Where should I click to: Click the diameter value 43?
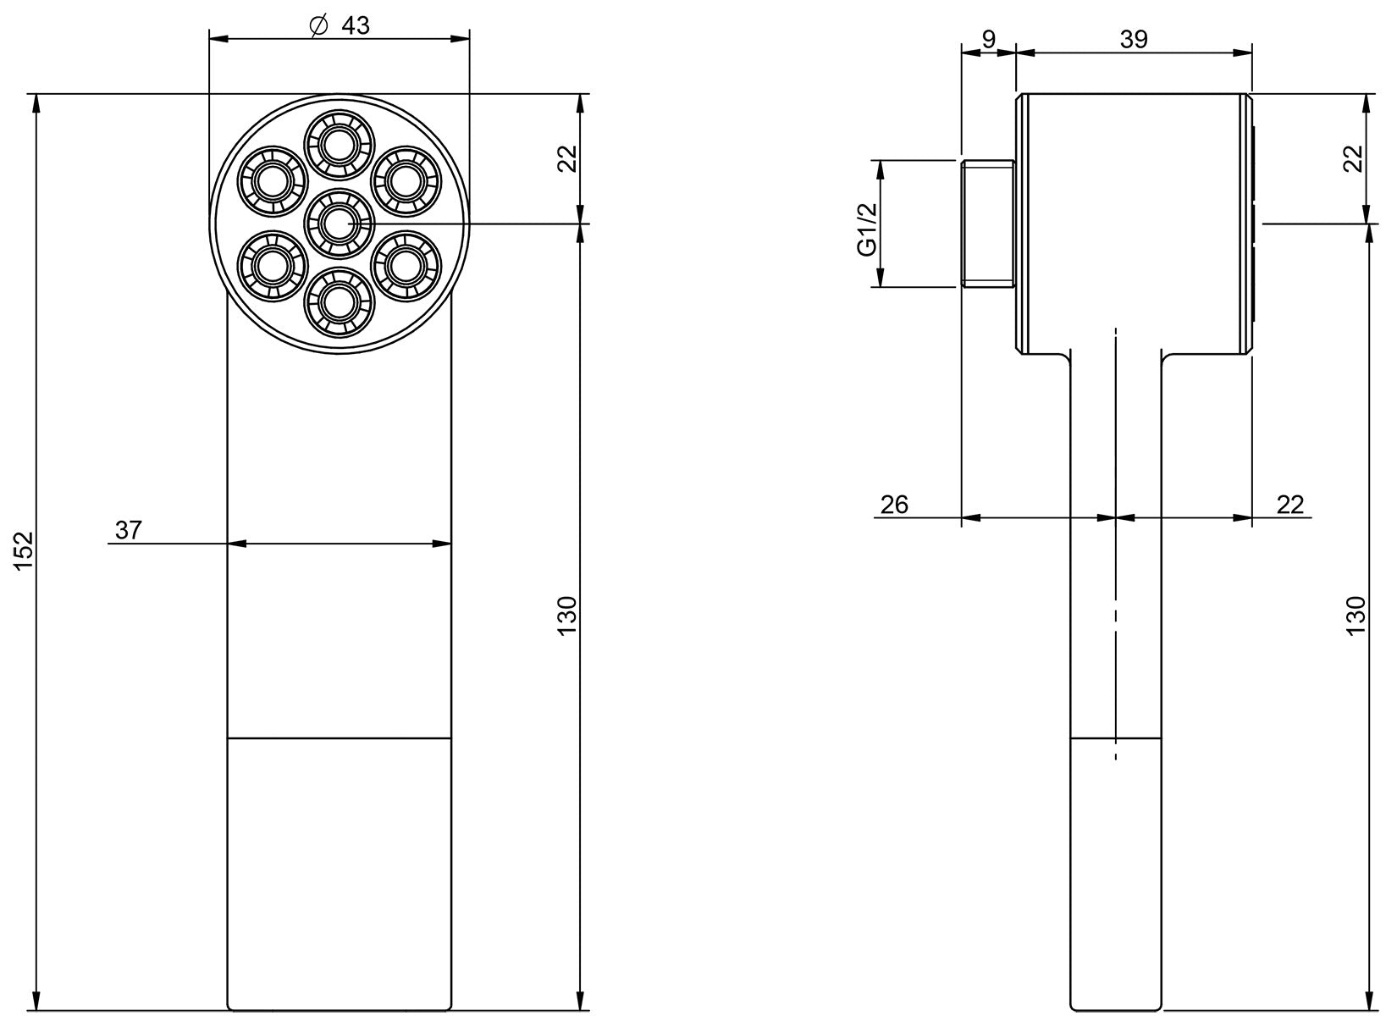(x=356, y=25)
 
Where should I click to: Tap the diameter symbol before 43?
(x=318, y=26)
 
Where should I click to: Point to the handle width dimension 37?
(x=129, y=531)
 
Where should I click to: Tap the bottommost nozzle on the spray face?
(x=339, y=302)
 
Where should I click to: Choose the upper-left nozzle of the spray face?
(x=272, y=181)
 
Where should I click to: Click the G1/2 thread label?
(x=866, y=229)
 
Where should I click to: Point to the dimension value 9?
(x=988, y=39)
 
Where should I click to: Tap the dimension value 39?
(x=1134, y=39)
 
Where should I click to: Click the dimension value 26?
(x=894, y=505)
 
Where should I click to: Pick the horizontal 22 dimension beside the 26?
(x=1289, y=505)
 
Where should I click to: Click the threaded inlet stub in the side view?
(x=989, y=224)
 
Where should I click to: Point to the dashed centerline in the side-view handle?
(x=1116, y=542)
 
